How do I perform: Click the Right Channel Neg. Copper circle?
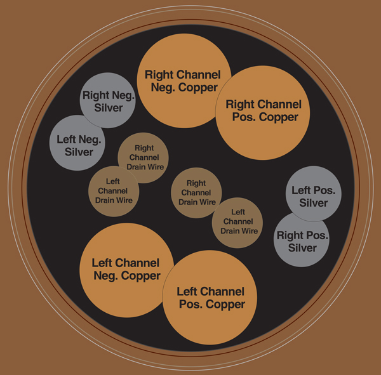(184, 81)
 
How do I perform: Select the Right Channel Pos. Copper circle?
(263, 113)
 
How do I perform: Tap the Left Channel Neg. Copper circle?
(127, 270)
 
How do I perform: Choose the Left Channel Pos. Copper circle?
(210, 298)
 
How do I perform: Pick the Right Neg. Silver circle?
(108, 100)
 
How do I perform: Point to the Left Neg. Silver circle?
(77, 143)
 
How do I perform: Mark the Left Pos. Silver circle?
(314, 194)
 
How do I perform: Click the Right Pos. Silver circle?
(302, 239)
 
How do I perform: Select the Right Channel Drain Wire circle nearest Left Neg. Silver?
(143, 158)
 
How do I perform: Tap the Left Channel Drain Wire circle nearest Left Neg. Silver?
(114, 192)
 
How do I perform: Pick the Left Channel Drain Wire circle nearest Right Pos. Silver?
(237, 223)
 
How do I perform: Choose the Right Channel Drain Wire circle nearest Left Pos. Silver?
(196, 193)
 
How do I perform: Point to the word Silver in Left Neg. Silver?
(79, 152)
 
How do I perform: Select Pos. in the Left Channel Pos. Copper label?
(190, 304)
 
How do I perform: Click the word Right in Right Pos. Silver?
(288, 235)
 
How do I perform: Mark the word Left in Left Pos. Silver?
(301, 190)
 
